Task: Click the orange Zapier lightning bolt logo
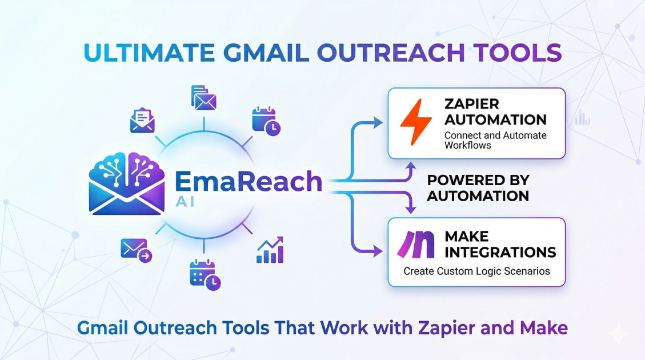click(415, 122)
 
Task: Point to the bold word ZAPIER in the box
click(471, 104)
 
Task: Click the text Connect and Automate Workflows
click(495, 140)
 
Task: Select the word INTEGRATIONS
click(500, 252)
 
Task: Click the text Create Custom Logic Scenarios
click(476, 271)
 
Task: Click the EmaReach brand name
click(248, 181)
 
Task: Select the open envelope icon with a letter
click(142, 119)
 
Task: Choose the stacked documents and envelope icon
click(204, 98)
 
